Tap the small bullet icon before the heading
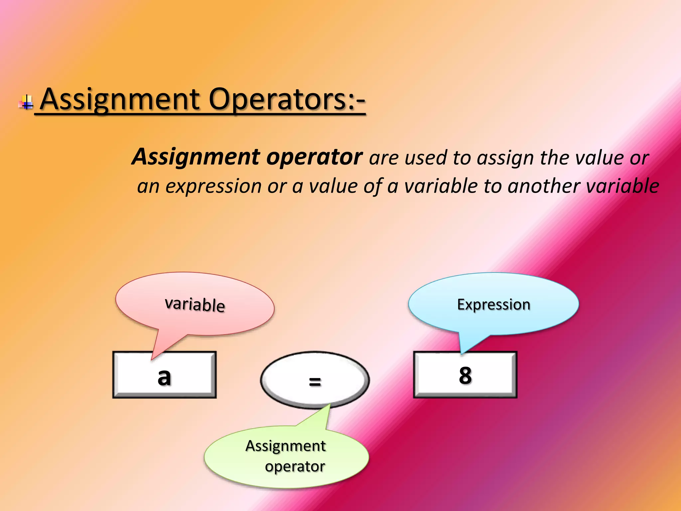[26, 102]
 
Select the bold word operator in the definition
[314, 157]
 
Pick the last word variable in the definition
[622, 186]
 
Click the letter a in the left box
[164, 377]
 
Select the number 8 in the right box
[465, 376]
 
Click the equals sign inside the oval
[315, 382]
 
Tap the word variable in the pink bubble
[195, 304]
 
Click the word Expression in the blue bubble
[493, 304]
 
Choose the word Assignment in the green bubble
[285, 446]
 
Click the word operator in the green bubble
[295, 466]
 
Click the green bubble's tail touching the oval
[329, 407]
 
